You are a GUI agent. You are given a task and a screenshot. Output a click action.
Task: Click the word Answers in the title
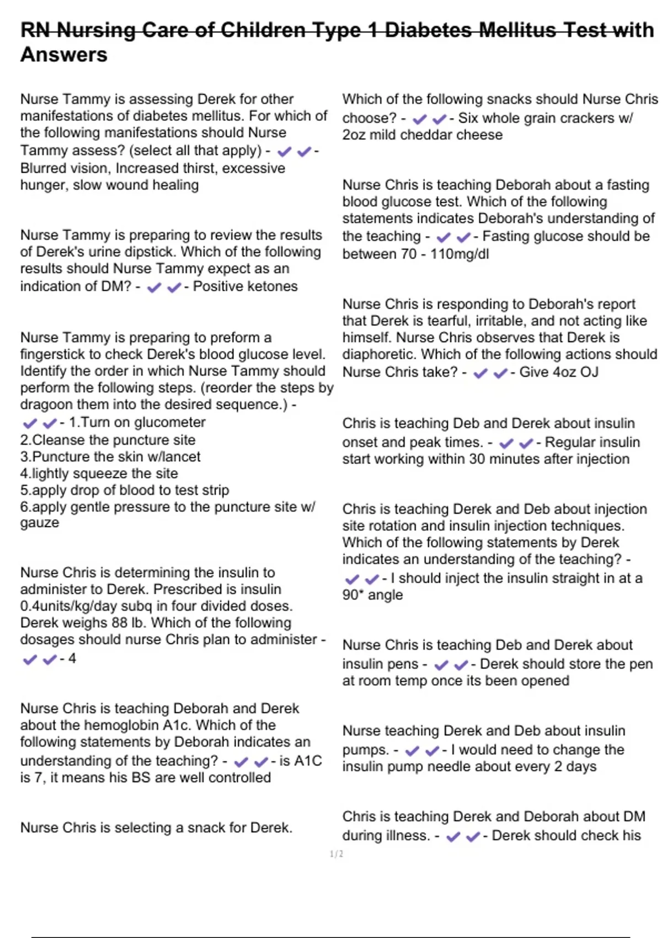pos(64,55)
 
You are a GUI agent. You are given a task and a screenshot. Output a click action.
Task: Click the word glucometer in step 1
pos(174,423)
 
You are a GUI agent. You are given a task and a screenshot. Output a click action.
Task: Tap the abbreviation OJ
pos(589,372)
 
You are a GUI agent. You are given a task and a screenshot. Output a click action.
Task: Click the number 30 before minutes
pos(479,459)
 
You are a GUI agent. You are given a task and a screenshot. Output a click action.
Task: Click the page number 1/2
pos(337,854)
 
